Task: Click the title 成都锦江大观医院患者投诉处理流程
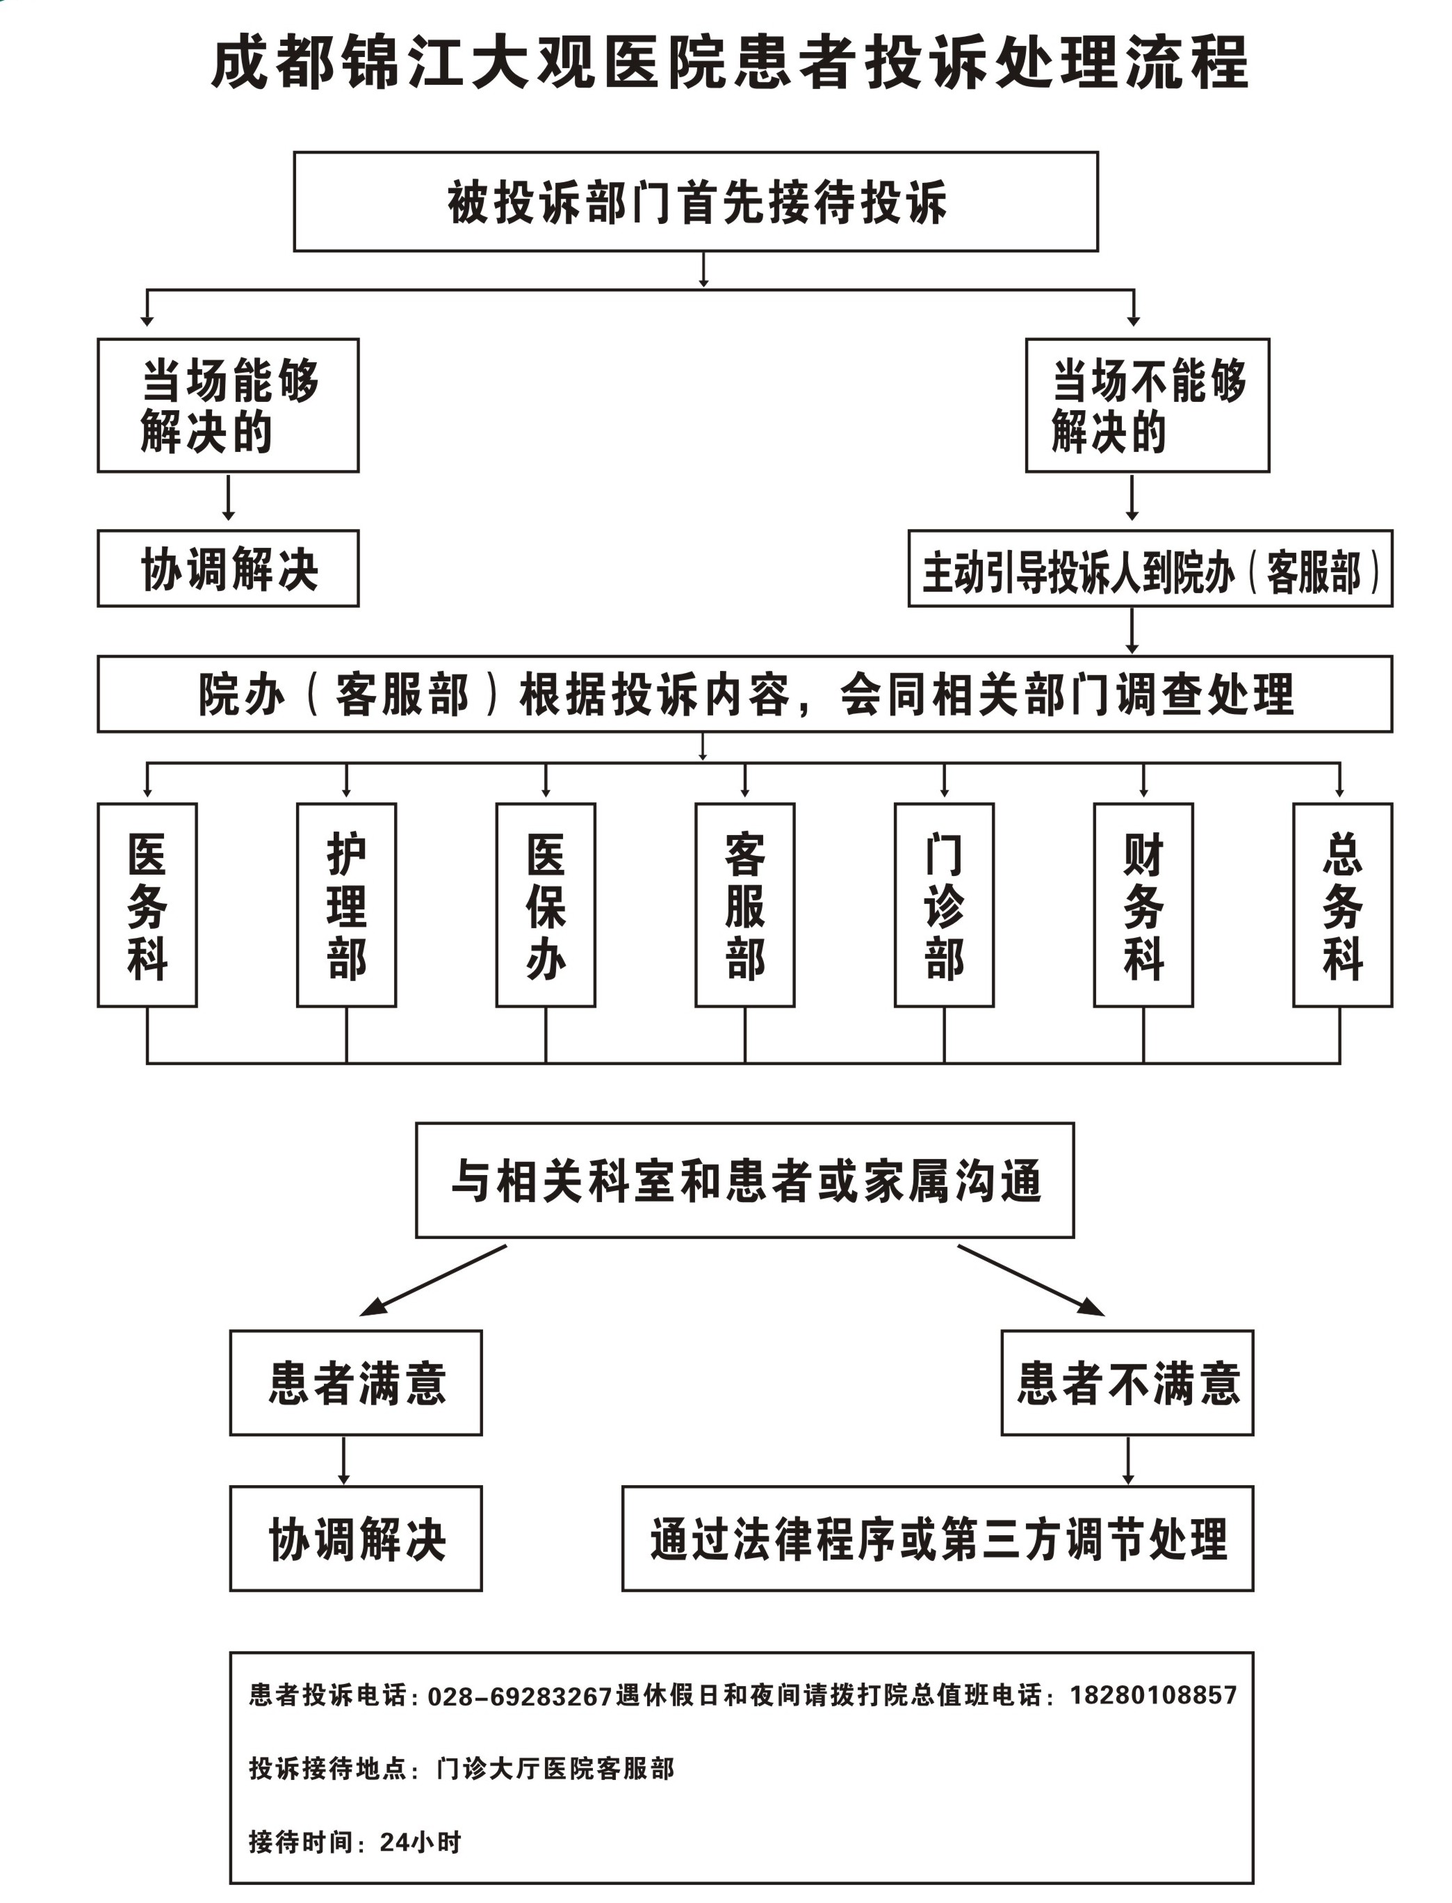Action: coord(731,63)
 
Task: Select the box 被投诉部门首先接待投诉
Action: coord(696,202)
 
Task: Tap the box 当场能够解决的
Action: coord(228,405)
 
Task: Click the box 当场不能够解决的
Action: coord(1148,405)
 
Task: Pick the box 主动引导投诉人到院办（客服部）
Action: coord(1150,568)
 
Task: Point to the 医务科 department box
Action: coord(147,905)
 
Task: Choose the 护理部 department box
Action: coord(347,905)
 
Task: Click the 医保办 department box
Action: coord(546,905)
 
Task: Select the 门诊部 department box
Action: coord(944,905)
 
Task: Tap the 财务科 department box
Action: coord(1143,905)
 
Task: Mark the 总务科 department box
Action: coord(1342,905)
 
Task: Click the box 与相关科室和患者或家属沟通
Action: coord(745,1180)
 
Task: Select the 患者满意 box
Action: coord(356,1382)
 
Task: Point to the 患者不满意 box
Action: coord(1127,1382)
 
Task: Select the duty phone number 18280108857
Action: coord(1154,1694)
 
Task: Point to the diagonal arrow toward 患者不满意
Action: coord(1031,1281)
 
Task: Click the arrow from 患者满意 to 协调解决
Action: coord(344,1461)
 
